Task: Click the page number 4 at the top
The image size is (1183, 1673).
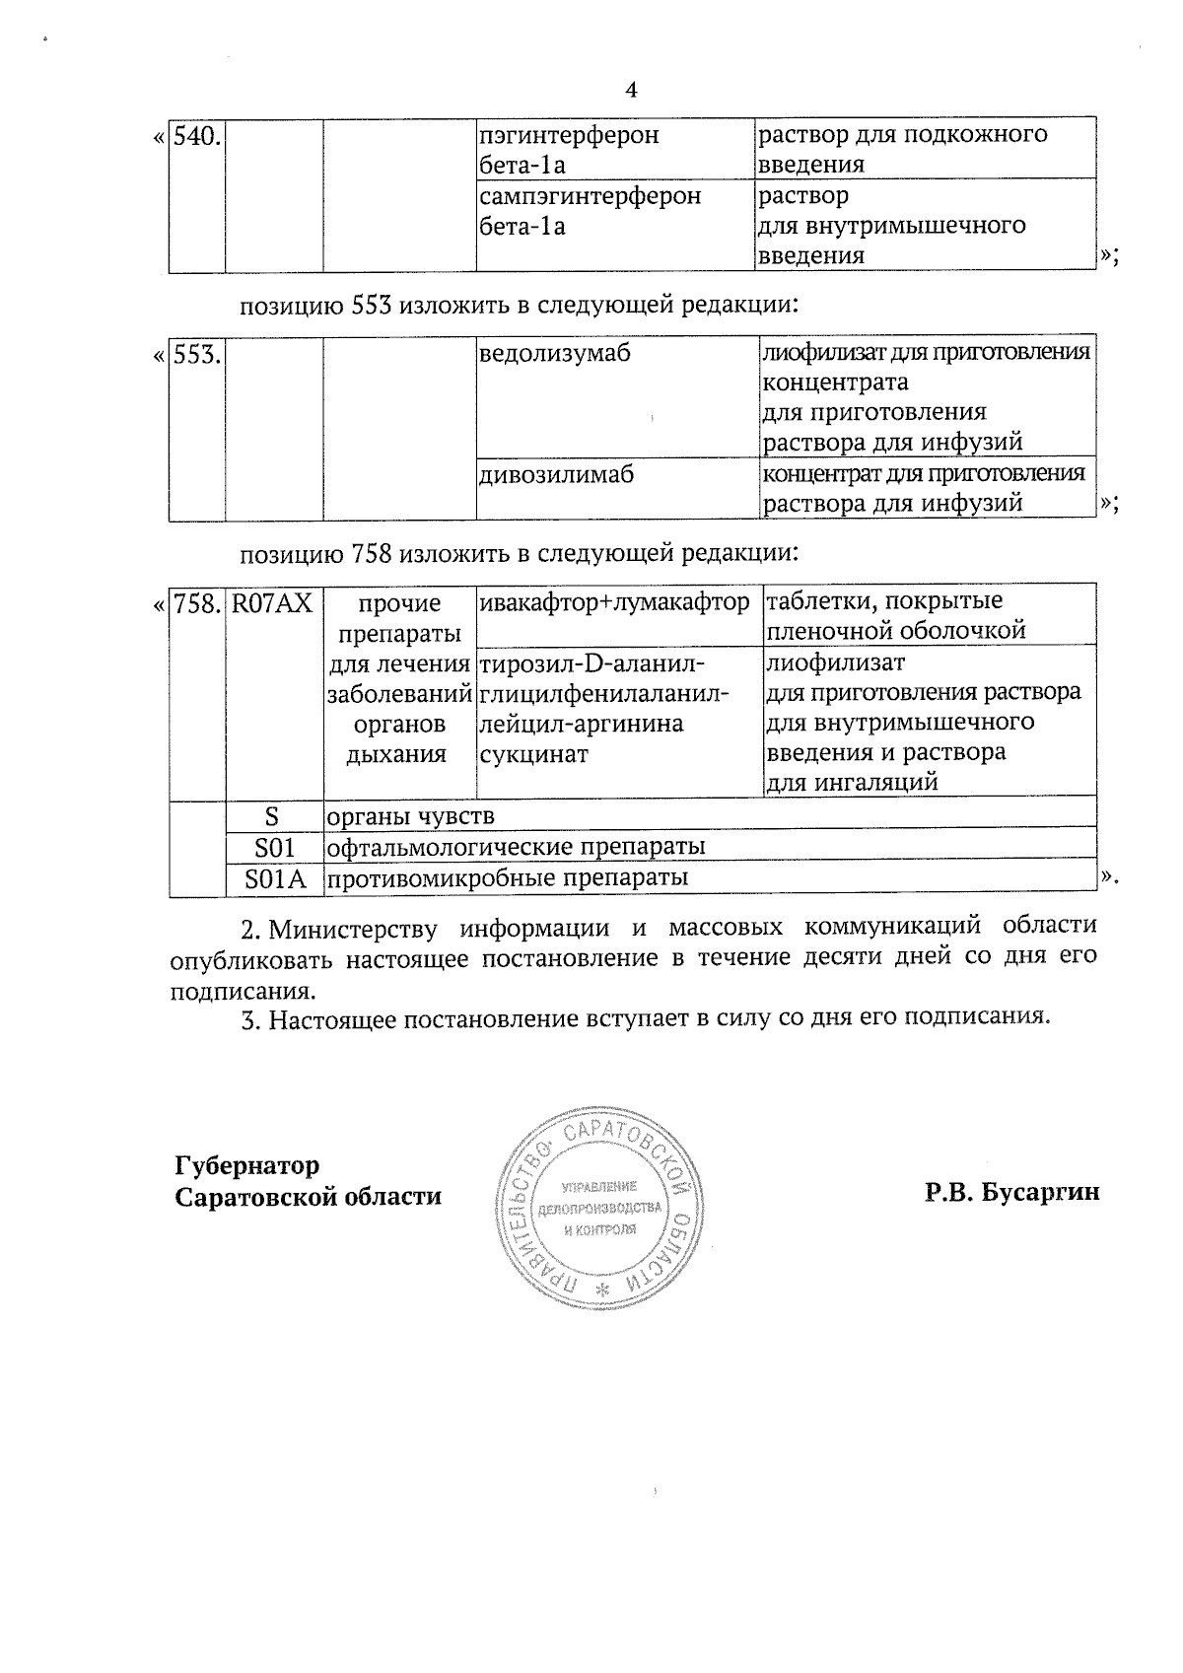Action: click(x=632, y=90)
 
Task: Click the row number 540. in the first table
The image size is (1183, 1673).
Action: click(x=197, y=136)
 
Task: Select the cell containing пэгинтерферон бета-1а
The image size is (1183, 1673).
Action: click(x=569, y=148)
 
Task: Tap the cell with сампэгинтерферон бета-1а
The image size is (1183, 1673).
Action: click(x=590, y=210)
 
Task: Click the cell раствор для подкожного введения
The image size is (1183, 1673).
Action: click(x=901, y=148)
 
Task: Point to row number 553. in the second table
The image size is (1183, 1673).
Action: click(x=197, y=355)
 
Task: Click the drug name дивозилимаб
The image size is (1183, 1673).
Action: click(x=556, y=475)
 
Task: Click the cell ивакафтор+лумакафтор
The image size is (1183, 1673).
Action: click(x=614, y=601)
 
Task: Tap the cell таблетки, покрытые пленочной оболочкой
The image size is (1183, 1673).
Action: click(x=895, y=615)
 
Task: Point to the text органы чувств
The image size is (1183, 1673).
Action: click(x=411, y=816)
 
